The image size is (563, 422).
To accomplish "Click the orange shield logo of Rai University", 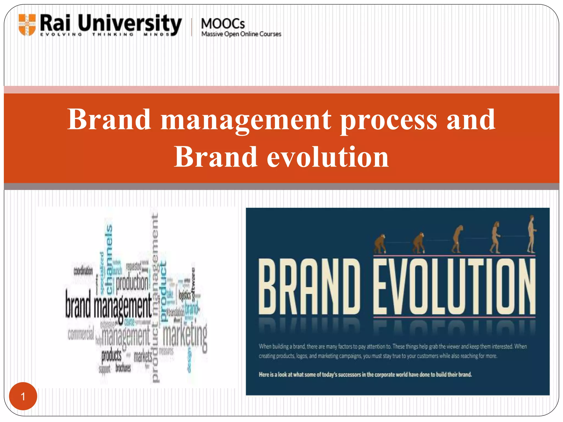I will (27, 25).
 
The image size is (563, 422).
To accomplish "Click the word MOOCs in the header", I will (223, 24).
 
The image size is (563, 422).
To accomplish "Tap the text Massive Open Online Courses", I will (241, 34).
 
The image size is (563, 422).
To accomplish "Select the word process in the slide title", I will (388, 120).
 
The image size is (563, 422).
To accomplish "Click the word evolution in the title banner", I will (328, 157).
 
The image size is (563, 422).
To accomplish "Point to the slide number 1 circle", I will (23, 396).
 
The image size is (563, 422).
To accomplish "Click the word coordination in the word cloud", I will (83, 271).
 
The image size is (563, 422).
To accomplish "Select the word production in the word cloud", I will (132, 283).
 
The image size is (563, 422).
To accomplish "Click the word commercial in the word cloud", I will (81, 334).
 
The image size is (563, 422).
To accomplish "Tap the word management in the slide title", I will (246, 120).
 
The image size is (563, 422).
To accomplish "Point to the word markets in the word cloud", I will (143, 357).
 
